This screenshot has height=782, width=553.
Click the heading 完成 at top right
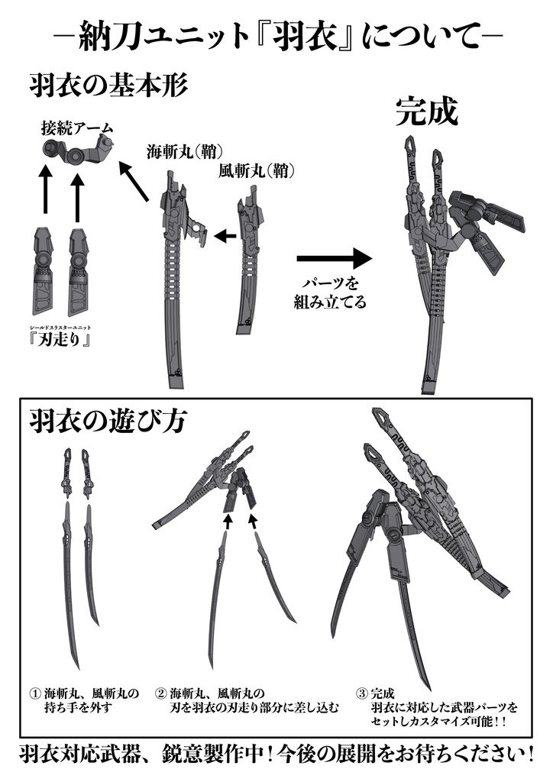[426, 111]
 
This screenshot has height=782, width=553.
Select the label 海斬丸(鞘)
[181, 151]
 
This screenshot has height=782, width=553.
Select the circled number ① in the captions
[34, 693]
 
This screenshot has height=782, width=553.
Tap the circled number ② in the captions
[160, 693]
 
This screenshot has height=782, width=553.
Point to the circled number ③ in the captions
[361, 693]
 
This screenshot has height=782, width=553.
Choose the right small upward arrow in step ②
[254, 521]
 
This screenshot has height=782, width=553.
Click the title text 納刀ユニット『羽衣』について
[276, 36]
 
